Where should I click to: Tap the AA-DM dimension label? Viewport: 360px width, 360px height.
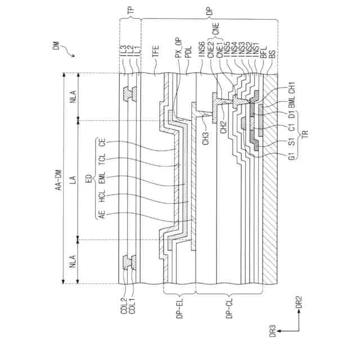(x=58, y=178)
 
